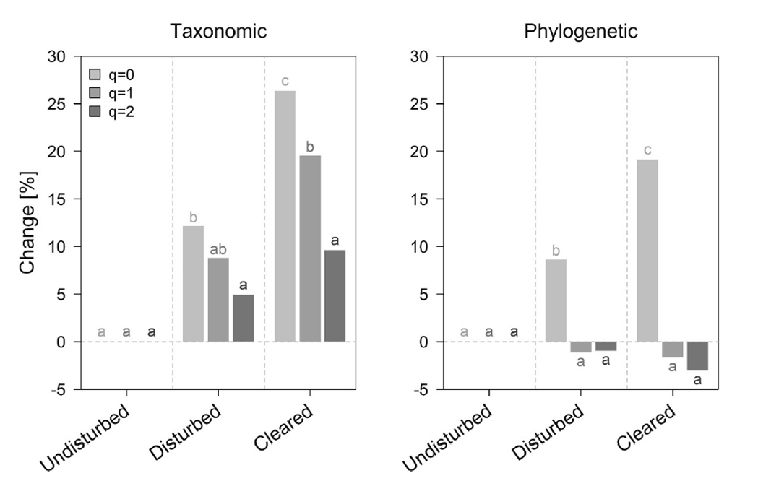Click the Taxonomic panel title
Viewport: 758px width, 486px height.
point(218,32)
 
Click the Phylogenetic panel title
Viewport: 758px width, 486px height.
point(582,32)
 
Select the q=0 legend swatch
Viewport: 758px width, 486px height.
point(94,74)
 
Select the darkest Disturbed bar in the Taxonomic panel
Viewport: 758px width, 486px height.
point(243,318)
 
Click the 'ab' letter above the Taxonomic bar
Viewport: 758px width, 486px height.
point(218,251)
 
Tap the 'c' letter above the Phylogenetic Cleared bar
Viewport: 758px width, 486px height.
point(647,150)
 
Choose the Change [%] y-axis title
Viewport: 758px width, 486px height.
point(28,222)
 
